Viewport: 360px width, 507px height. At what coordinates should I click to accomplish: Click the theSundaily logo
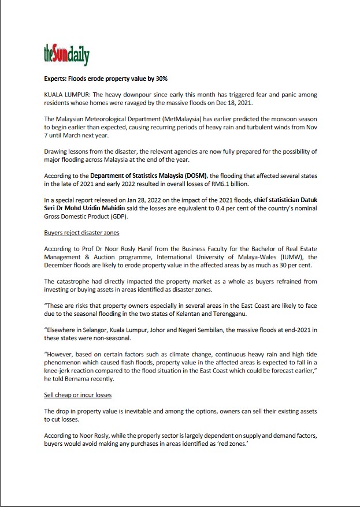tap(66, 55)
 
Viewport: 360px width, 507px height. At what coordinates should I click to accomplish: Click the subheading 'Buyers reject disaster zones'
tap(81, 233)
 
